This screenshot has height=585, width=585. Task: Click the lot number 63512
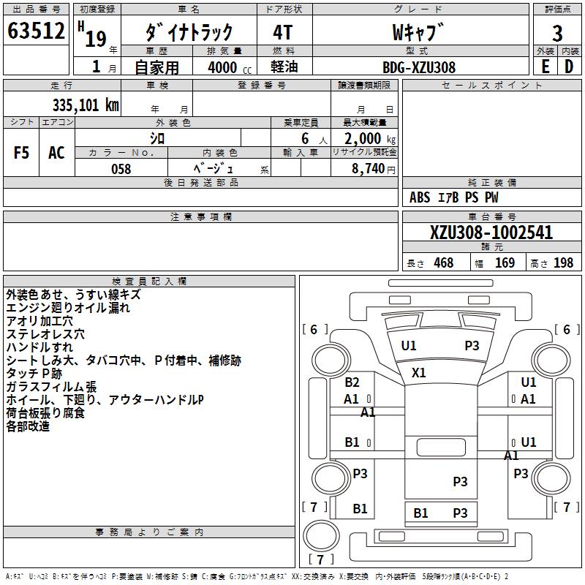click(x=36, y=31)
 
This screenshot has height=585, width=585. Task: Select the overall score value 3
click(x=557, y=33)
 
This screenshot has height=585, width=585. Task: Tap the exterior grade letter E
click(x=546, y=66)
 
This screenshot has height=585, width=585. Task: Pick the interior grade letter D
click(x=569, y=66)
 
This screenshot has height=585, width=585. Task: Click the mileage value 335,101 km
click(x=86, y=105)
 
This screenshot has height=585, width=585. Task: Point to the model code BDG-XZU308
click(x=419, y=67)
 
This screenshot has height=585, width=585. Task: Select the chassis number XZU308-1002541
click(x=491, y=233)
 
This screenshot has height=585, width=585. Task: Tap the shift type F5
click(x=22, y=153)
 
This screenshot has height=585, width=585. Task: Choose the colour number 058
click(x=121, y=168)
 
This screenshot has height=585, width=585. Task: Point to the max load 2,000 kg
click(x=366, y=138)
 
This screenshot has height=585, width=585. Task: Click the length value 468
click(x=443, y=263)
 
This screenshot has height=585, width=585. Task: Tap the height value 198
click(x=563, y=263)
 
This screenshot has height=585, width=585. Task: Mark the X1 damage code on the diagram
click(x=418, y=372)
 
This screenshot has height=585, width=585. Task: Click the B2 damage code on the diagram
click(x=352, y=382)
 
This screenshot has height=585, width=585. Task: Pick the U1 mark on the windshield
click(x=408, y=345)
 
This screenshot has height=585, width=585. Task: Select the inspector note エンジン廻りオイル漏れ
click(x=68, y=308)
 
